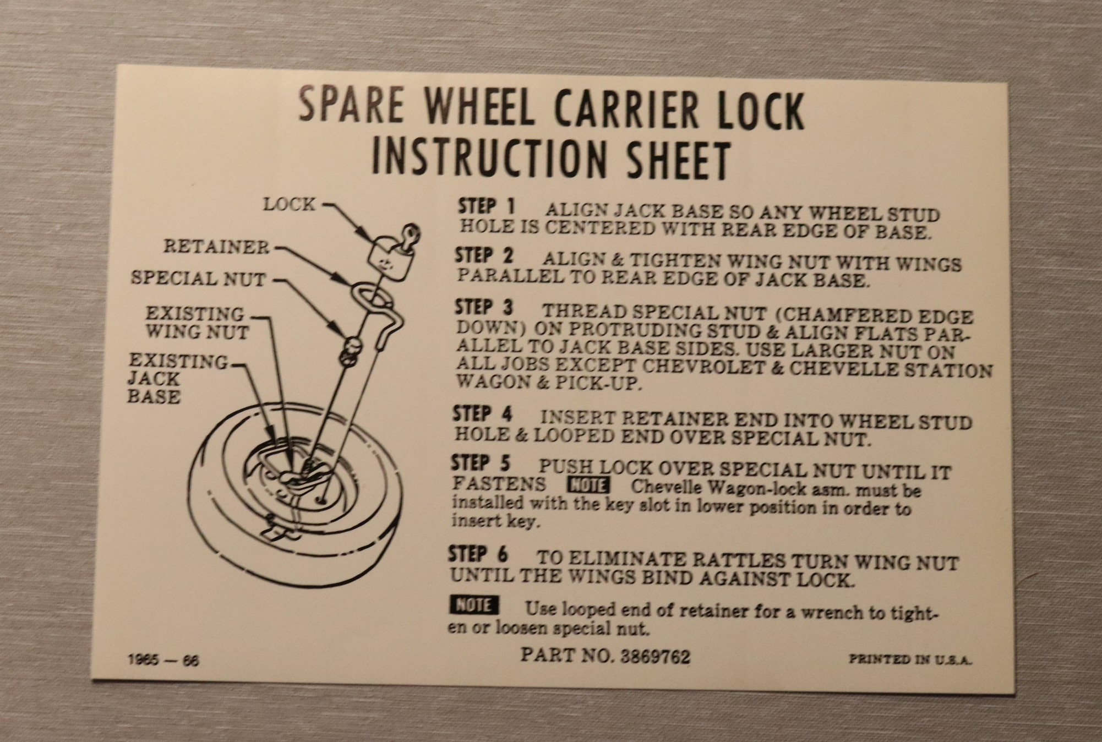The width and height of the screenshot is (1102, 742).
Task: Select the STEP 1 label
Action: tap(487, 207)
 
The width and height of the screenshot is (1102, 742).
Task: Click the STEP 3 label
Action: tap(484, 307)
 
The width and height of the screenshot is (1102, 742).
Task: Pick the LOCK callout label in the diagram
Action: tap(290, 204)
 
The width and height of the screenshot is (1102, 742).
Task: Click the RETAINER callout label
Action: tap(216, 247)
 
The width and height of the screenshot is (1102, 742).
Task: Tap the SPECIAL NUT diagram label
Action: tap(198, 279)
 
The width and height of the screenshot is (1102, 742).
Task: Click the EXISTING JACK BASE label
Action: tap(177, 378)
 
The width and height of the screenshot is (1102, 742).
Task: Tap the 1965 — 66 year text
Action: tap(163, 659)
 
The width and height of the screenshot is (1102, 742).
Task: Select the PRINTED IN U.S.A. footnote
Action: tap(910, 659)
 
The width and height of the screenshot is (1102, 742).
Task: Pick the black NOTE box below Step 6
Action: tap(474, 605)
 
